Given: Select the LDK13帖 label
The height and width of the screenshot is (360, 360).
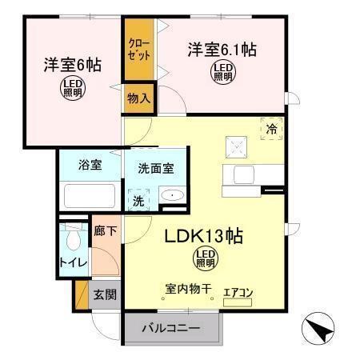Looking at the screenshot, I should pyautogui.click(x=204, y=237).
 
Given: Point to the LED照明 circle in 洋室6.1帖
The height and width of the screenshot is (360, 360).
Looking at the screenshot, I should pyautogui.click(x=222, y=74).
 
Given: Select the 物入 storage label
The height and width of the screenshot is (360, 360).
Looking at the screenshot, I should pyautogui.click(x=138, y=98).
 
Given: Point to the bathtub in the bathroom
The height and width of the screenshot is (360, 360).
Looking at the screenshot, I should pyautogui.click(x=89, y=195).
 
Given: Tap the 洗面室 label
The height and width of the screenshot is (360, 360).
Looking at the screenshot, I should pyautogui.click(x=156, y=169).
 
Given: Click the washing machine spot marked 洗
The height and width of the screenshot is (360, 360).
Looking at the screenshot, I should pyautogui.click(x=139, y=198).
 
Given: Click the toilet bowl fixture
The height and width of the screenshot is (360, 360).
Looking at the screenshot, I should pyautogui.click(x=73, y=238).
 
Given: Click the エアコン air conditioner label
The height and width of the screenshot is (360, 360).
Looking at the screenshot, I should pyautogui.click(x=238, y=293).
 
